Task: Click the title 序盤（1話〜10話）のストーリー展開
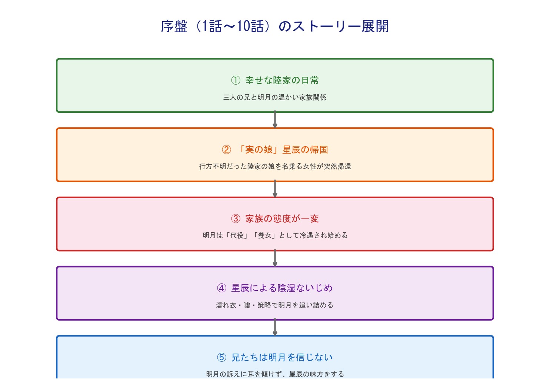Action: click(275, 26)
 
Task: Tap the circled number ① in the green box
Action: click(236, 80)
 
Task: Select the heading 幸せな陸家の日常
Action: click(282, 80)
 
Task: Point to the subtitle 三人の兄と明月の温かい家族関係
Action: click(275, 98)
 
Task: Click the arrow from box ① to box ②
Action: click(275, 120)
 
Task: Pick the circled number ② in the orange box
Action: click(226, 150)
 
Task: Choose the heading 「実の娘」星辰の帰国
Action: click(282, 150)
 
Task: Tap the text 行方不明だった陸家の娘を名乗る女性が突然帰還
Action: click(275, 167)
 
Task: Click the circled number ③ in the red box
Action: click(236, 219)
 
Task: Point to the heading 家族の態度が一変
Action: click(282, 219)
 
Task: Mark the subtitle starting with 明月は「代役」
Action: click(275, 236)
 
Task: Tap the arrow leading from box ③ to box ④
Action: click(275, 258)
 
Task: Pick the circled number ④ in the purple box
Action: click(221, 288)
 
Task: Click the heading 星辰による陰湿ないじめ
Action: click(282, 288)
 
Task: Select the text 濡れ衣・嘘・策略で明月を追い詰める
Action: click(275, 305)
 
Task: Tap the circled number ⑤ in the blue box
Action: click(221, 357)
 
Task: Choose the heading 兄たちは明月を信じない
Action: click(282, 357)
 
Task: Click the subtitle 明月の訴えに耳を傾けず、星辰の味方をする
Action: click(275, 374)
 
